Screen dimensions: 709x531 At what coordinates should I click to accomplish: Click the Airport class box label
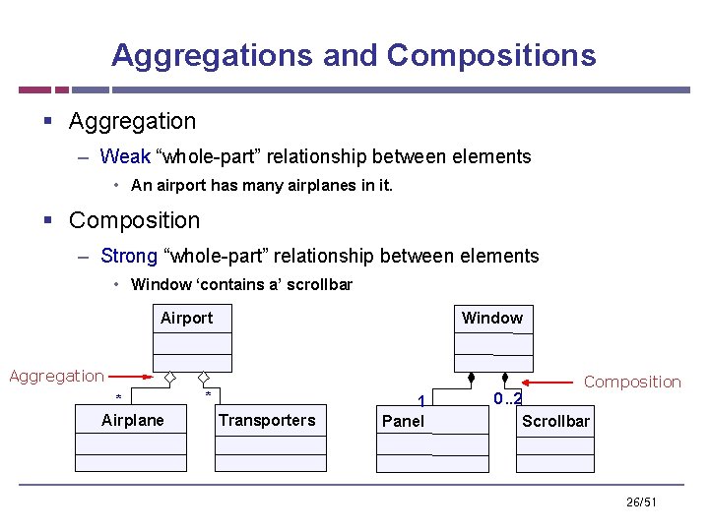coord(186,318)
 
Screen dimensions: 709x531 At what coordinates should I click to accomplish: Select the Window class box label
coord(491,318)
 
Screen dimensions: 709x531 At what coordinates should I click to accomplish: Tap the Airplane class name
coord(133,420)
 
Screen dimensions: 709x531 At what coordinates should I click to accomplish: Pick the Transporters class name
coord(267,420)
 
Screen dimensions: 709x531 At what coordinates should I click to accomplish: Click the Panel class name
coord(403,421)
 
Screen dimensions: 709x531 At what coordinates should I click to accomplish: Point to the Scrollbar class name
coord(555,421)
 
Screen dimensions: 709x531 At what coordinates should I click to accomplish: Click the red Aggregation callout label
coord(56,376)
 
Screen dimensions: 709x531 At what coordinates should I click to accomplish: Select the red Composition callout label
coord(632,382)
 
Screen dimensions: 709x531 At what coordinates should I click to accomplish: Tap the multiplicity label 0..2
coord(508,398)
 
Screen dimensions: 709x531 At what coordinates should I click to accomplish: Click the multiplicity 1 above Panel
coord(421,401)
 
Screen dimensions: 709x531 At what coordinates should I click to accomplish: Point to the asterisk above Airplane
coord(119,398)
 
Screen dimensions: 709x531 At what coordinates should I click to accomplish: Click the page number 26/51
coord(641,502)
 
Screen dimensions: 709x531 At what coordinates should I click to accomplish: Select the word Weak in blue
coord(125,156)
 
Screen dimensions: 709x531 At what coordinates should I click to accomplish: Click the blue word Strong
coord(129,256)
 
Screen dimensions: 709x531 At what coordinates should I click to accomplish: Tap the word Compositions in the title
coord(491,55)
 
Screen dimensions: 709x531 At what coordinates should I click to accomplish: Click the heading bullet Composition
coord(134,220)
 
